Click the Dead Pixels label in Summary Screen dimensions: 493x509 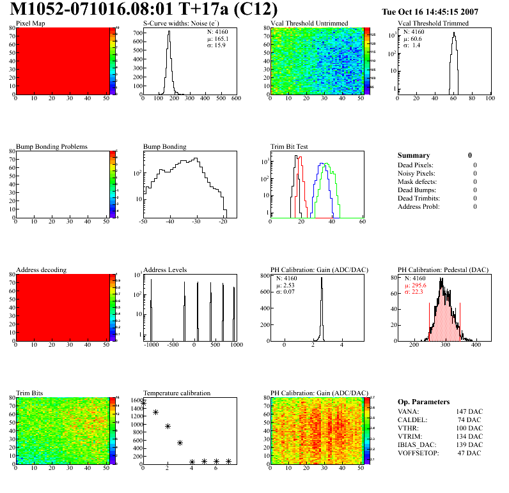click(416, 165)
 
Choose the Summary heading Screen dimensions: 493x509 click(414, 155)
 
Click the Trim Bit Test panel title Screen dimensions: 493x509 click(290, 147)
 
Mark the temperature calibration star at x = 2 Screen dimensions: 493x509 click(168, 426)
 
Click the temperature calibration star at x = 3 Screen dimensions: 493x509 click(180, 443)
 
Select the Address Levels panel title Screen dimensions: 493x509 click(165, 270)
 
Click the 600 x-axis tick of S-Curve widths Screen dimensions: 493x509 click(235, 99)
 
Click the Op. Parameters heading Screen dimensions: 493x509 click(423, 402)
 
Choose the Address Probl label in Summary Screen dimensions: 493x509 click(419, 206)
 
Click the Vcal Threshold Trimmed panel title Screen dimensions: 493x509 click(433, 24)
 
